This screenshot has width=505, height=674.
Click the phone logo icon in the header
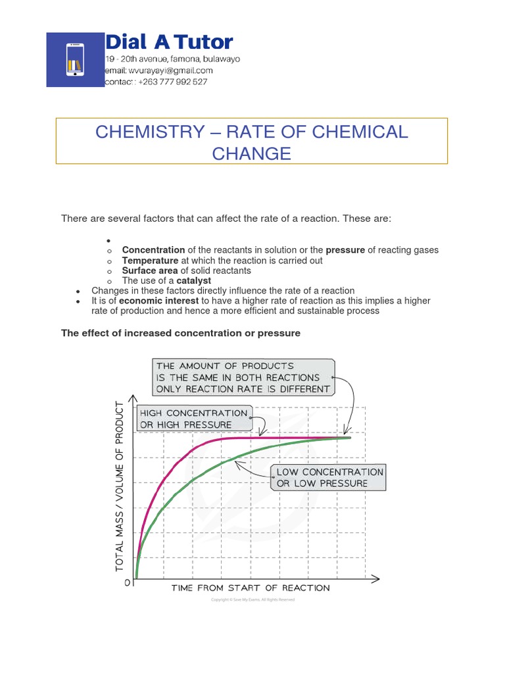pyautogui.click(x=75, y=60)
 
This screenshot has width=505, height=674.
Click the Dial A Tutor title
pyautogui.click(x=170, y=43)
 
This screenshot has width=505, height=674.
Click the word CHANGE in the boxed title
pyautogui.click(x=251, y=153)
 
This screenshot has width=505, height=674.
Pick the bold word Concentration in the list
pyautogui.click(x=153, y=250)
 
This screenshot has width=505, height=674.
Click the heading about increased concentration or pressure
pyautogui.click(x=181, y=333)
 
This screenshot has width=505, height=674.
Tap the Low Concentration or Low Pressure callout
pyautogui.click(x=329, y=478)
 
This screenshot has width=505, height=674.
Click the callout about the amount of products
pyautogui.click(x=243, y=377)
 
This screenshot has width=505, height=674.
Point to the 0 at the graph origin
pyautogui.click(x=127, y=583)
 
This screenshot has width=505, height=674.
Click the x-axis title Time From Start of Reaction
pyautogui.click(x=251, y=588)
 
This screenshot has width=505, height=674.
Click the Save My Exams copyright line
pyautogui.click(x=252, y=600)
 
